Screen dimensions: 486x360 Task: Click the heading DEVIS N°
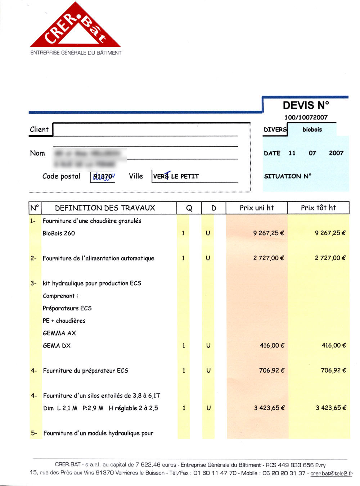(x=306, y=105)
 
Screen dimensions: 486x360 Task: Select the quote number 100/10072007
(x=306, y=117)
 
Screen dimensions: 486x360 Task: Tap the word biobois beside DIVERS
(x=312, y=130)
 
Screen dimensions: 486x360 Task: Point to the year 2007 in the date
(x=336, y=153)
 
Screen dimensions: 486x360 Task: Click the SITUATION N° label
(x=288, y=176)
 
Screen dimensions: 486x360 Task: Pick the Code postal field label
(x=61, y=176)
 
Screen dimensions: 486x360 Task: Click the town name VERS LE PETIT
(x=176, y=176)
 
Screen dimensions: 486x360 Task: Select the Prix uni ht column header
(x=257, y=208)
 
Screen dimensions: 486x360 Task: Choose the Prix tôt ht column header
(x=318, y=208)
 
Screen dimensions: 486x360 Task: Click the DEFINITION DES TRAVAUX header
(x=105, y=208)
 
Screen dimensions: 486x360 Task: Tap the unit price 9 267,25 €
(x=269, y=233)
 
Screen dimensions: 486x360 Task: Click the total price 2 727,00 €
(x=330, y=258)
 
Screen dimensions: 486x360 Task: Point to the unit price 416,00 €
(x=272, y=345)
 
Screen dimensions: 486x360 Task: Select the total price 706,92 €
(x=333, y=370)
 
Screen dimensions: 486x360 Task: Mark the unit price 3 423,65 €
(x=269, y=408)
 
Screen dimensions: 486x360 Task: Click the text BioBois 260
(x=59, y=233)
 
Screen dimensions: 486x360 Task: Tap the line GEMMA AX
(x=59, y=333)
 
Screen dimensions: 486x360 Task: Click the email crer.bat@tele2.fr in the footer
(x=332, y=473)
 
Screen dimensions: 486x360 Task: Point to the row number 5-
(x=34, y=433)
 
